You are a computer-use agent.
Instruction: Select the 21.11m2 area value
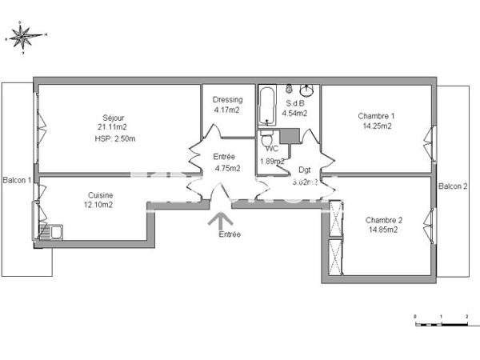pyautogui.click(x=112, y=126)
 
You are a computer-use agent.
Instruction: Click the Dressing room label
pyautogui.click(x=227, y=100)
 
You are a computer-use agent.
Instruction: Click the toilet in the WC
pyautogui.click(x=267, y=142)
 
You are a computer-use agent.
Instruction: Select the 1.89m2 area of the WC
pyautogui.click(x=273, y=161)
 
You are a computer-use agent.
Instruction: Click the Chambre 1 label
pyautogui.click(x=376, y=116)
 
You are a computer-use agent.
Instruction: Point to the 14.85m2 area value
pyautogui.click(x=382, y=230)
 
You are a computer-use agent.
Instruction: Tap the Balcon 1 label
pyautogui.click(x=17, y=180)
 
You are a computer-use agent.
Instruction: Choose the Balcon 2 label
pyautogui.click(x=453, y=186)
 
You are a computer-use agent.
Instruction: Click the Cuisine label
pyautogui.click(x=101, y=195)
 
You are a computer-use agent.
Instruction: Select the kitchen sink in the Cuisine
pyautogui.click(x=53, y=233)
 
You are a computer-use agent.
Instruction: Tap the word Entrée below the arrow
pyautogui.click(x=229, y=234)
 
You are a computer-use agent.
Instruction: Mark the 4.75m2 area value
pyautogui.click(x=228, y=168)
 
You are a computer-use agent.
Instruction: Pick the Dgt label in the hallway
pyautogui.click(x=305, y=170)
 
